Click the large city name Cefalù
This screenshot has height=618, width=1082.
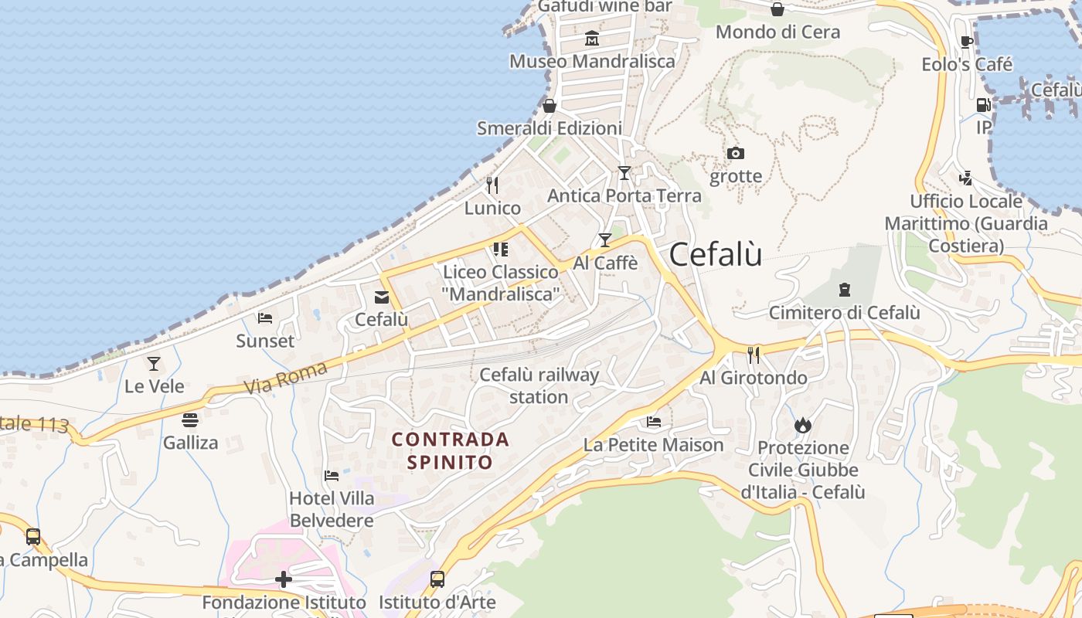click(716, 254)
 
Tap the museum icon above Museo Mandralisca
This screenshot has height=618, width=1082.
click(592, 38)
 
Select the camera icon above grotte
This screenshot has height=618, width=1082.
click(736, 153)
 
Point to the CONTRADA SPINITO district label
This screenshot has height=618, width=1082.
click(450, 450)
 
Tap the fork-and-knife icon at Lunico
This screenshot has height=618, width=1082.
click(492, 185)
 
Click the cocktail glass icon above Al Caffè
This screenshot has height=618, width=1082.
click(605, 240)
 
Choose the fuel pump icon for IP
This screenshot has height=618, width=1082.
click(983, 105)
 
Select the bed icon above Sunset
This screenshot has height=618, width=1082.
click(265, 317)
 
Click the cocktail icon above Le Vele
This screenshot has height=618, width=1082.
click(154, 363)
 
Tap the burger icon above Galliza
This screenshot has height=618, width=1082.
click(190, 420)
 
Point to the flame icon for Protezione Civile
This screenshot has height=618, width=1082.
click(803, 425)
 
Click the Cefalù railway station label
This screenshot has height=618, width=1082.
click(539, 385)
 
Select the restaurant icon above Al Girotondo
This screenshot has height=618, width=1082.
click(754, 355)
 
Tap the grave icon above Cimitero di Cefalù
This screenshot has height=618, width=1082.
click(844, 290)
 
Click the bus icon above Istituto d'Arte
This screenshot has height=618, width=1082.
click(437, 579)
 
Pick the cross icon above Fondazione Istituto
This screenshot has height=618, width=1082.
click(284, 579)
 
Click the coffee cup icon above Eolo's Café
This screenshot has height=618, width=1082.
click(966, 42)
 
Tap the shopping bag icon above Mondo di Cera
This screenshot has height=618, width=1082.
click(777, 9)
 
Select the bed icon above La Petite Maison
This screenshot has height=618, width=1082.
click(654, 422)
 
